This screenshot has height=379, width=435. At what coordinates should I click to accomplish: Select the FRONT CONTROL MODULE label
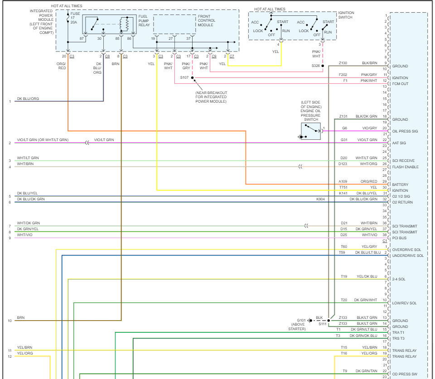click(206, 20)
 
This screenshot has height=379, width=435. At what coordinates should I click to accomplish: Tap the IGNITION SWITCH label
click(346, 15)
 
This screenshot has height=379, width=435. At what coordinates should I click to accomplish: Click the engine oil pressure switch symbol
click(311, 131)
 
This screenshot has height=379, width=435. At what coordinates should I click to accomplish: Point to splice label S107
click(184, 78)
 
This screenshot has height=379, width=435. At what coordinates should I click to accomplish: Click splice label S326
click(315, 66)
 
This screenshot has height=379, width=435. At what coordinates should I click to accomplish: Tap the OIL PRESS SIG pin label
click(405, 131)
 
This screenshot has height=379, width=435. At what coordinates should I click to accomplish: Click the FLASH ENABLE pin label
click(405, 167)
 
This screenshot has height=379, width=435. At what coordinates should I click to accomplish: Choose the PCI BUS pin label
click(399, 238)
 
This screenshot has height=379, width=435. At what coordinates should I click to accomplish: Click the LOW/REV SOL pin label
click(405, 303)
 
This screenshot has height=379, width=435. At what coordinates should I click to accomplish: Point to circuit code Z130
click(343, 63)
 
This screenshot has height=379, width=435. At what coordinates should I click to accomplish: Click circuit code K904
click(320, 199)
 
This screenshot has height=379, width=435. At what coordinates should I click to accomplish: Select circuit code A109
click(343, 181)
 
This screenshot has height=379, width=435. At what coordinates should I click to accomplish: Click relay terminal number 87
click(82, 39)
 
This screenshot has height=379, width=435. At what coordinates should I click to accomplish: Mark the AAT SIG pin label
click(399, 143)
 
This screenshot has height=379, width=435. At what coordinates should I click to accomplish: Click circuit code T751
click(343, 187)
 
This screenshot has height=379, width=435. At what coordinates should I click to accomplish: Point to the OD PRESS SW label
click(404, 374)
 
